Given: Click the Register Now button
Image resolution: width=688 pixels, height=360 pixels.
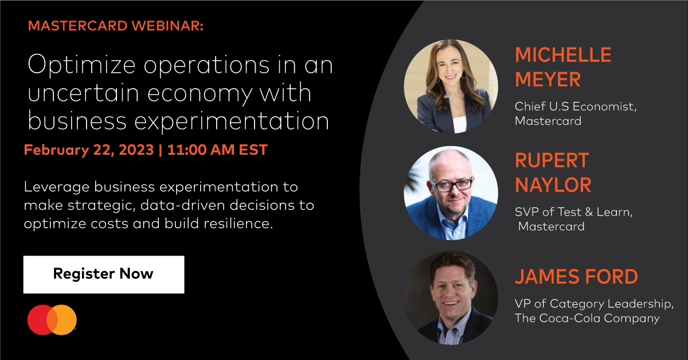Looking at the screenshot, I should pyautogui.click(x=103, y=274).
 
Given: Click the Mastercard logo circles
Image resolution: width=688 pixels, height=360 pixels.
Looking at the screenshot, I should pyautogui.click(x=52, y=320).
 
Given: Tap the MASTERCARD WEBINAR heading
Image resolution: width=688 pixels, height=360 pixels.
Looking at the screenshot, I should pyautogui.click(x=115, y=26).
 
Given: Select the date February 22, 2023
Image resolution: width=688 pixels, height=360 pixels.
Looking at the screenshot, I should pyautogui.click(x=89, y=150).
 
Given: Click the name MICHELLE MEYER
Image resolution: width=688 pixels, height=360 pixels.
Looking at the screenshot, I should pyautogui.click(x=563, y=67).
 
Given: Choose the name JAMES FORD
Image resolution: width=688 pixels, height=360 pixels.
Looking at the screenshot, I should pyautogui.click(x=576, y=276).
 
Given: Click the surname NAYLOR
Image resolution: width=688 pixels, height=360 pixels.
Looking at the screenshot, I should pyautogui.click(x=553, y=185).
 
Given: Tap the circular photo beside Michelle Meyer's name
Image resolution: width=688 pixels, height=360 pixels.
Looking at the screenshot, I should pyautogui.click(x=451, y=86).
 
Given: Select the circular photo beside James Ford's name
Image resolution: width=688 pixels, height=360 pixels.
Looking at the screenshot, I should pyautogui.click(x=451, y=298).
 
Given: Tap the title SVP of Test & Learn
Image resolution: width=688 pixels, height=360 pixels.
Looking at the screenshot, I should pyautogui.click(x=573, y=212).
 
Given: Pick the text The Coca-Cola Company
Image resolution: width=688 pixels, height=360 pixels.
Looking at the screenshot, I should pyautogui.click(x=587, y=318).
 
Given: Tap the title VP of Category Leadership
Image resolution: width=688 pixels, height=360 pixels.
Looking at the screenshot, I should pyautogui.click(x=593, y=303).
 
